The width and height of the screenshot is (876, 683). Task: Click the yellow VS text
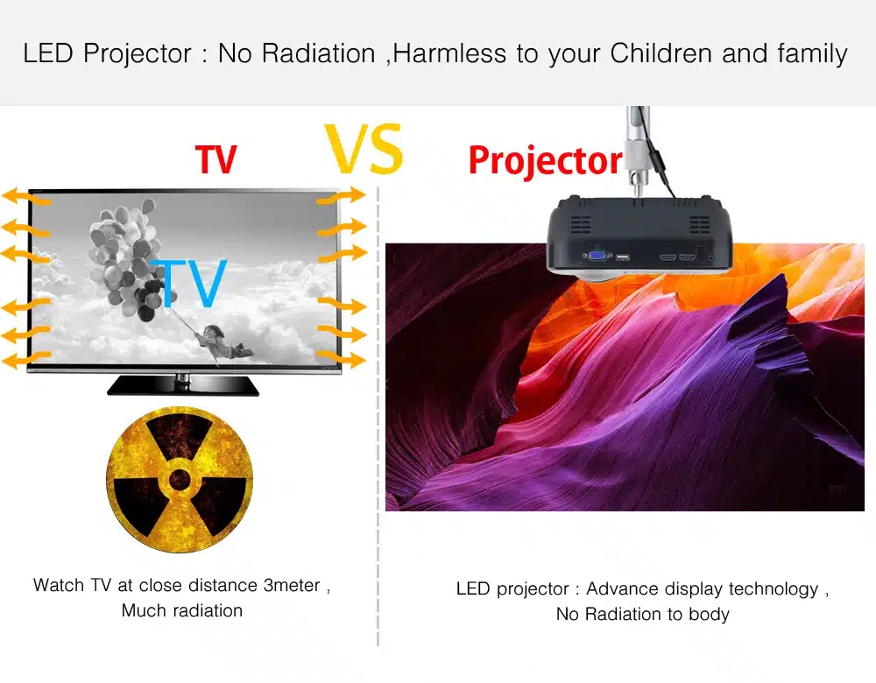364,149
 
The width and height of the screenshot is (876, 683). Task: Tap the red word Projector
545,161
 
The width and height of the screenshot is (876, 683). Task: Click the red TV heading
216,159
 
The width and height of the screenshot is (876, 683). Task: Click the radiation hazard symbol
180,480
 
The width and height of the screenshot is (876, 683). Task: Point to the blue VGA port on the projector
597,256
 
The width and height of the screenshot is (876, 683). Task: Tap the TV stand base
183,385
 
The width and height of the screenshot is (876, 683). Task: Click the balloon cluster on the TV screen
125,257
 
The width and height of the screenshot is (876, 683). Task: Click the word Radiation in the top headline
318,53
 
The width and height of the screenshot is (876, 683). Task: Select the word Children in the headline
661,53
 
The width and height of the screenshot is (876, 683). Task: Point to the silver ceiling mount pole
638,151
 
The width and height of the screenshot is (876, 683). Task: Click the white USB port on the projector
622,257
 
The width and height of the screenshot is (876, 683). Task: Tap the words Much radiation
182,610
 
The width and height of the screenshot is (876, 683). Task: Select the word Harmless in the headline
449,53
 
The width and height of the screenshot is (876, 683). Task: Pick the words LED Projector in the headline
107,54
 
